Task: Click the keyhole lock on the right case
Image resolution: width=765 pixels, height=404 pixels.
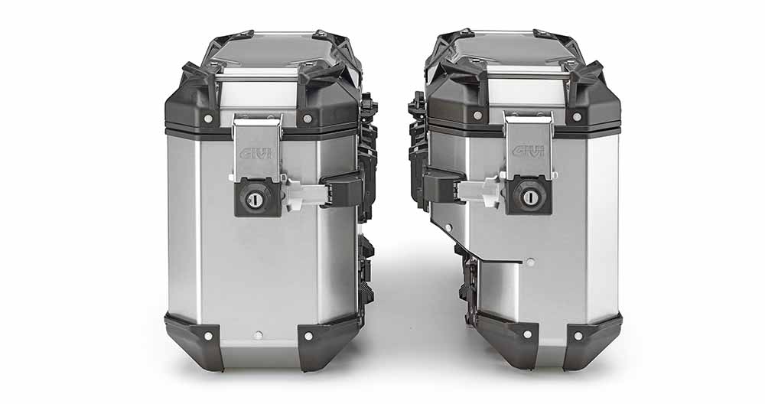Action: [529, 197]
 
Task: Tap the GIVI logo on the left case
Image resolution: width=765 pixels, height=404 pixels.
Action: [256, 154]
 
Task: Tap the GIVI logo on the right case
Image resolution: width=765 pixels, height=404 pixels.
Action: [528, 151]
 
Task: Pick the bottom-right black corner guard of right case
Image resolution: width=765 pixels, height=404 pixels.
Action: [592, 339]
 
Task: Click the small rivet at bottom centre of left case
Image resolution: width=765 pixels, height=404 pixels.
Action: [258, 335]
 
